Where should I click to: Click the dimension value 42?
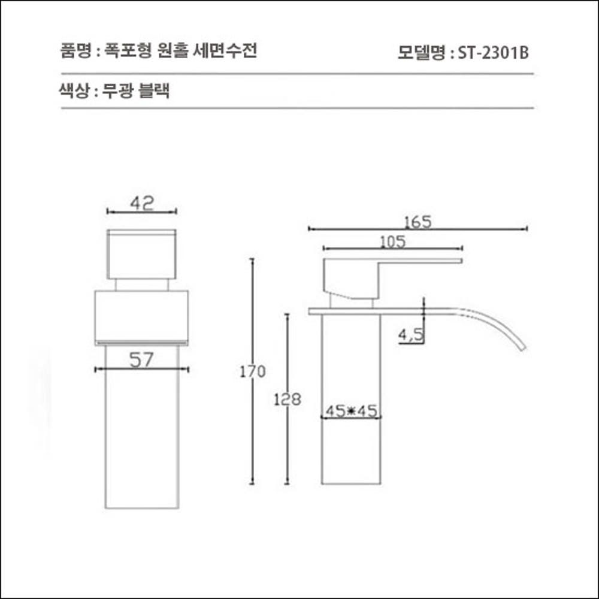pos(142,204)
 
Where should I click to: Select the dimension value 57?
pos(142,360)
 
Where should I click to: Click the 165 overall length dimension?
pos(418,222)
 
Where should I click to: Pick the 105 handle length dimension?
pos(393,241)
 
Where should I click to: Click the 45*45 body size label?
pos(351,411)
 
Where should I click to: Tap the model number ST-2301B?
pos(492,53)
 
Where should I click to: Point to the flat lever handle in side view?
pos(419,261)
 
